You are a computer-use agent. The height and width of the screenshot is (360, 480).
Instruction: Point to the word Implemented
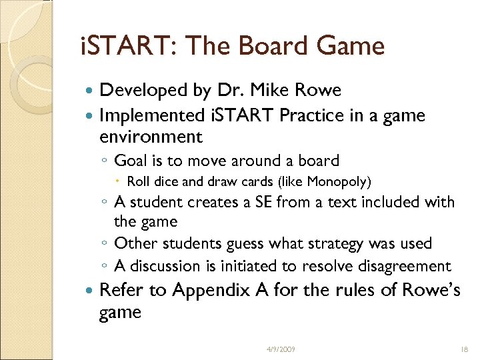153,115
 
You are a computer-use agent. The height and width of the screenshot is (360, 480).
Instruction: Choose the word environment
151,137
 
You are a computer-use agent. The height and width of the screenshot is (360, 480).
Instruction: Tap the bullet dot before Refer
91,291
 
